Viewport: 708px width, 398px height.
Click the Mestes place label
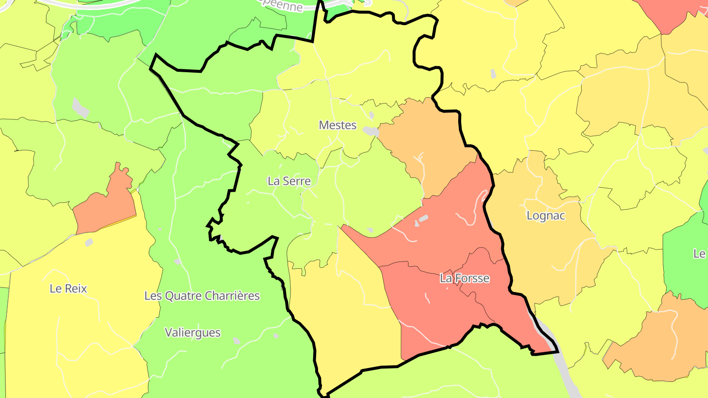[x=337, y=125]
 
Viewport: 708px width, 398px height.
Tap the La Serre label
[x=289, y=181]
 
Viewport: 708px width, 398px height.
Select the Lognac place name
[x=546, y=216]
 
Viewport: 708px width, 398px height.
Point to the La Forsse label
[x=465, y=279]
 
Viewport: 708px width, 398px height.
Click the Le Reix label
[x=68, y=288]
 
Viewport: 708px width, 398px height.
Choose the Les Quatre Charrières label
[x=202, y=296]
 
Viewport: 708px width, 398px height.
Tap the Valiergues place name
[x=193, y=333]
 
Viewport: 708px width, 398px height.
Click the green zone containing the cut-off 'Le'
[x=686, y=265]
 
